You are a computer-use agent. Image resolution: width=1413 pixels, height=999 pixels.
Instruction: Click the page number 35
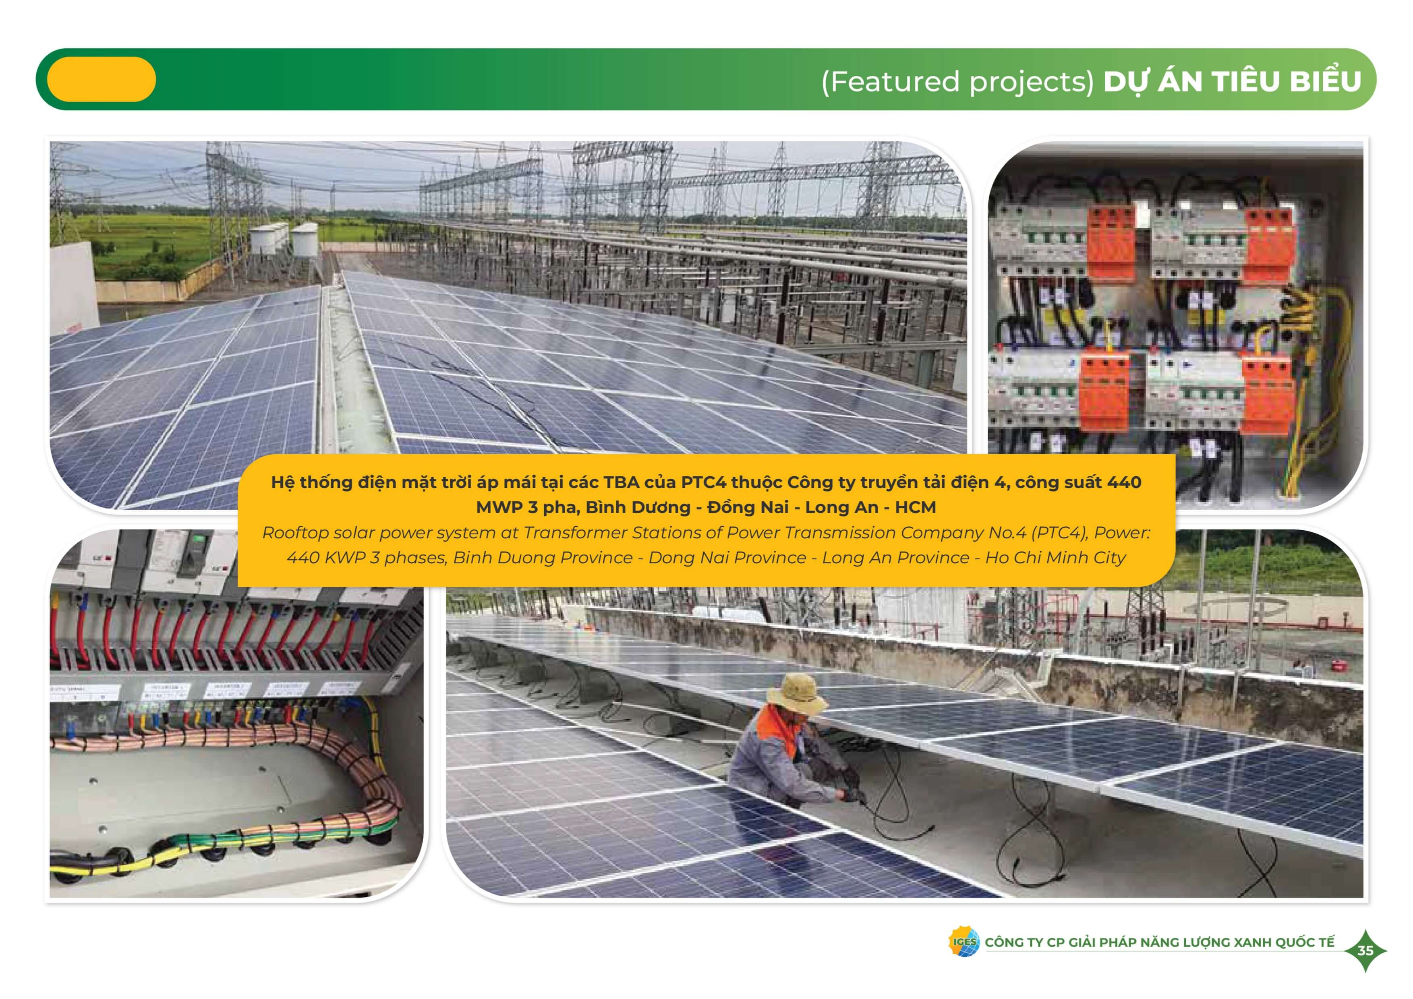[x=1365, y=950]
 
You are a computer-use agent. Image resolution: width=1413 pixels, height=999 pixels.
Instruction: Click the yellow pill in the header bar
[x=102, y=79]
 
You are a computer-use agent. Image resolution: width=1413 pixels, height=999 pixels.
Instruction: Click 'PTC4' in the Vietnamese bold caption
[x=703, y=482]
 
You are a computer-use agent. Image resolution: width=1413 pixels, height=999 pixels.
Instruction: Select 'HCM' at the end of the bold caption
[x=915, y=507]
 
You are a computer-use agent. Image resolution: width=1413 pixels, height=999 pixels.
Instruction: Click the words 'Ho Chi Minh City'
[x=1055, y=558]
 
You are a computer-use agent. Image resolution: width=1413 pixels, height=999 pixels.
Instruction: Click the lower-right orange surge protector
[x=1266, y=396]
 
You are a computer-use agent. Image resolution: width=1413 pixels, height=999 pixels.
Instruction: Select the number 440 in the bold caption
[x=1124, y=482]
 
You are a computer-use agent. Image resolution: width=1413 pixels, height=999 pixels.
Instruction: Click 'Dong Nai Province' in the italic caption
[x=727, y=558]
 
